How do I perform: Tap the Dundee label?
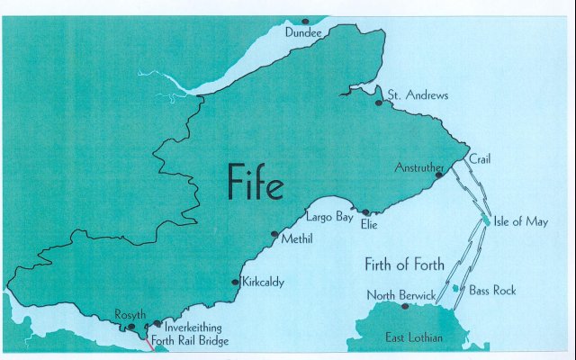pyautogui.click(x=302, y=32)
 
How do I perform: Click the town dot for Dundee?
pyautogui.click(x=306, y=21)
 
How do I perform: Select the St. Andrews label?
pyautogui.click(x=418, y=94)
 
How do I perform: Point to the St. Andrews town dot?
pyautogui.click(x=380, y=103)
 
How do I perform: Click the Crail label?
pyautogui.click(x=480, y=158)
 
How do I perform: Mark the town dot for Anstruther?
pyautogui.click(x=439, y=176)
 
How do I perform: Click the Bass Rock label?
pyautogui.click(x=493, y=291)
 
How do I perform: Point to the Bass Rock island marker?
pyautogui.click(x=456, y=289)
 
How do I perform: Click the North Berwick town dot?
pyautogui.click(x=406, y=307)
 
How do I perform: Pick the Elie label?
pyautogui.click(x=369, y=224)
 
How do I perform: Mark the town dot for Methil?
pyautogui.click(x=274, y=234)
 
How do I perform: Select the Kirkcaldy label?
pyautogui.click(x=263, y=282)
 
